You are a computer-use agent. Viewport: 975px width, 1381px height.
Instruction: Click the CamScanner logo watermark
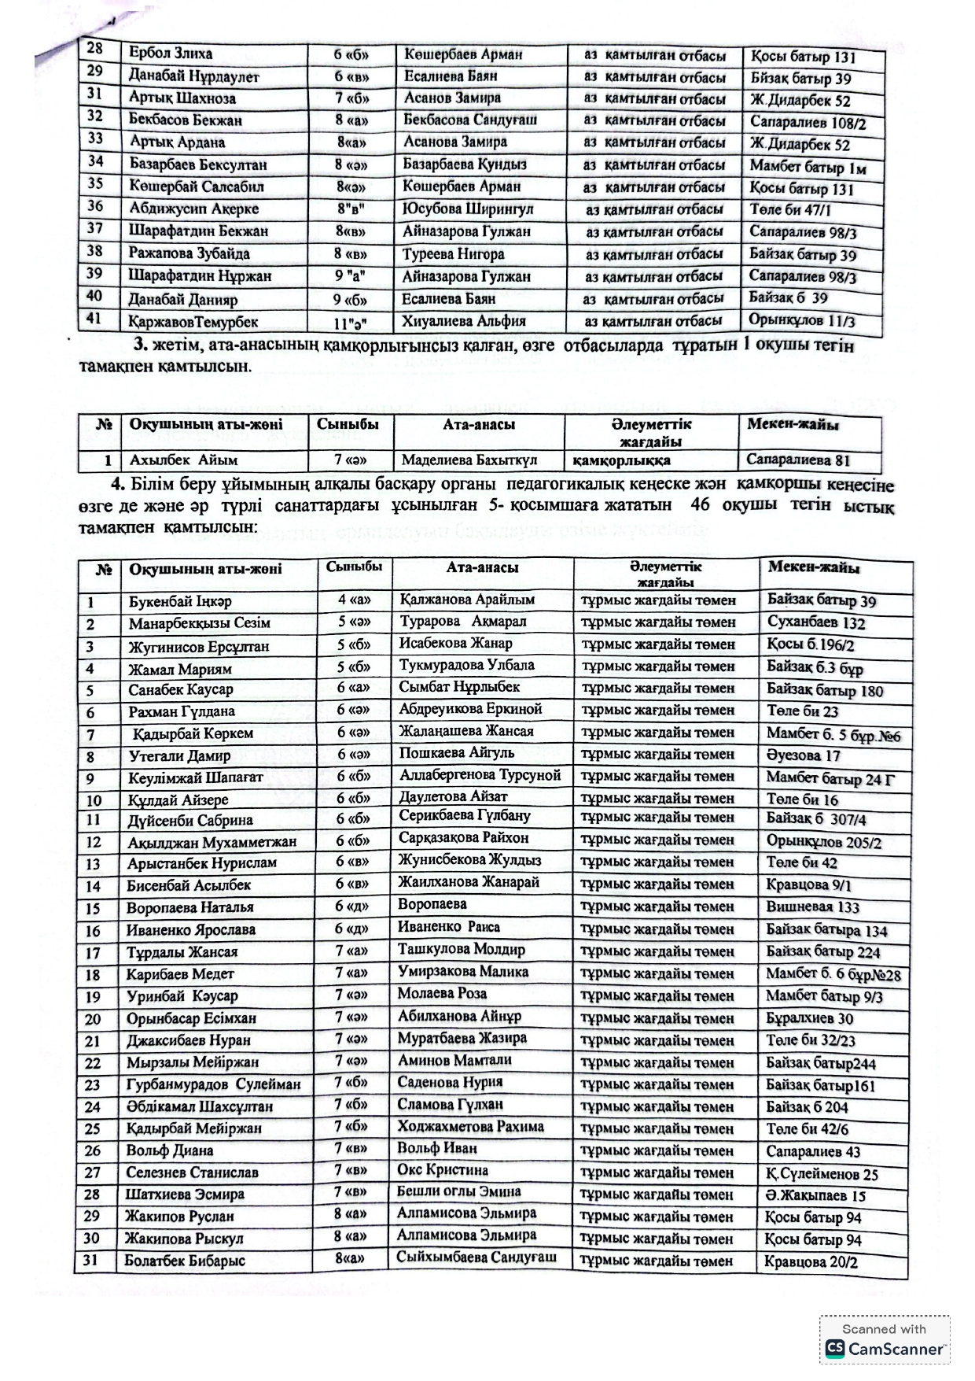coord(885,1349)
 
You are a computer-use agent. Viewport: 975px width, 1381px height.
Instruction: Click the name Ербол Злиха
coord(171,54)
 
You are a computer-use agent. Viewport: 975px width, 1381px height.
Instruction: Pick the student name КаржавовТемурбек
coord(193,321)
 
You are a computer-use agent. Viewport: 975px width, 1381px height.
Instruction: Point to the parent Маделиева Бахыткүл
coord(469,460)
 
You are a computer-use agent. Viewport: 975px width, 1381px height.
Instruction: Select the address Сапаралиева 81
coord(798,460)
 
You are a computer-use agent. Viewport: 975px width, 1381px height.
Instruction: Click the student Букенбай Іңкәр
coord(180,601)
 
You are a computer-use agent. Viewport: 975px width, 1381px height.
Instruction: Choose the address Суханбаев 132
coord(816,623)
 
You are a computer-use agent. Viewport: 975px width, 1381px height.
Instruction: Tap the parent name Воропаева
coord(432,905)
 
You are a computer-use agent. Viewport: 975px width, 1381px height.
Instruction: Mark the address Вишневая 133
coord(813,907)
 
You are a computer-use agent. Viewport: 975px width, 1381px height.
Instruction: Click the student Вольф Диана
coord(170,1150)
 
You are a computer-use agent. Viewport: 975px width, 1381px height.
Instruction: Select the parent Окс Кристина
coord(443,1170)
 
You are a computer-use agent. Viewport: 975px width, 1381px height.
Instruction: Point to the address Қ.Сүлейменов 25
coord(822,1175)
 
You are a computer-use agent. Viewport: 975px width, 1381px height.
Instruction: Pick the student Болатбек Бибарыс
coord(185,1261)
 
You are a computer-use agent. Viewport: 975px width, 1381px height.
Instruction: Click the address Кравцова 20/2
coord(811,1262)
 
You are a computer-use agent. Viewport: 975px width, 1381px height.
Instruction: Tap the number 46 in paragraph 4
coord(699,504)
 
